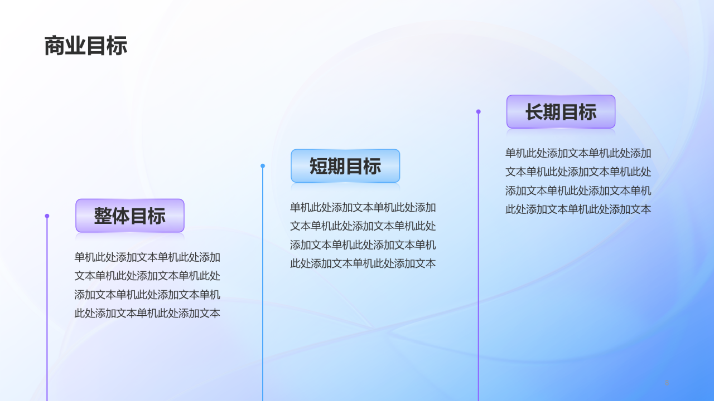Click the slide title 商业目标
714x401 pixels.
[x=86, y=46]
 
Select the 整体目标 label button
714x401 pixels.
[x=130, y=216]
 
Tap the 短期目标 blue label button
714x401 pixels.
[x=345, y=166]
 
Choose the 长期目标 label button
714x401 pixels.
[x=561, y=112]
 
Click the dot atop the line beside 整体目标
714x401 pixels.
[x=47, y=216]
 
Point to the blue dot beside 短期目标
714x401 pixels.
[x=263, y=166]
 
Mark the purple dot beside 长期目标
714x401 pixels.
[x=478, y=112]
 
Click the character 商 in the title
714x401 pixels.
[x=55, y=46]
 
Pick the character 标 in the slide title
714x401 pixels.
[x=117, y=46]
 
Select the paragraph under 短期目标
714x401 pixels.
[x=363, y=236]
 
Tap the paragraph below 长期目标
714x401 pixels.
[x=578, y=182]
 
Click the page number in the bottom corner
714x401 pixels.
[x=667, y=382]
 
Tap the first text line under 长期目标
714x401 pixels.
[x=578, y=153]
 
